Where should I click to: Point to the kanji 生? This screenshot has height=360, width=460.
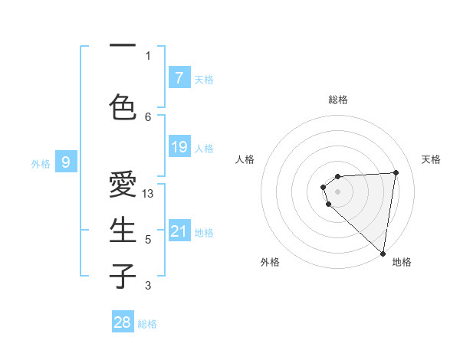(123, 230)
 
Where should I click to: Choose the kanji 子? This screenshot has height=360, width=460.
(123, 275)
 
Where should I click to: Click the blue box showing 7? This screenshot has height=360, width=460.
(179, 77)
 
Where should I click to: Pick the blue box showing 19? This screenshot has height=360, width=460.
(179, 147)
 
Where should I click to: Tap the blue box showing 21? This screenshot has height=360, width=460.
(179, 231)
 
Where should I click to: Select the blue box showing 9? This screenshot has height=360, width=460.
(66, 162)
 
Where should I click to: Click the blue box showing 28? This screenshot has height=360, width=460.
(123, 322)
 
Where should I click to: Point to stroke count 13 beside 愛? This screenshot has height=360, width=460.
(149, 194)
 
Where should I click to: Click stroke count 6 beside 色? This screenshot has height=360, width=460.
(148, 116)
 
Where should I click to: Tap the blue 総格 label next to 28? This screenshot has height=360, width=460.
(147, 324)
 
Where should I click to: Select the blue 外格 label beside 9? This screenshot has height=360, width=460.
(41, 163)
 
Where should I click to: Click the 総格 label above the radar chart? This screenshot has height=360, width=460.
(338, 100)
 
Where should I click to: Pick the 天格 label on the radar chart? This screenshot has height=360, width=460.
(432, 159)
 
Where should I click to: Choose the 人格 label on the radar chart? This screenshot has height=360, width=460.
(245, 159)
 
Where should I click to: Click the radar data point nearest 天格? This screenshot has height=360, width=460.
(396, 172)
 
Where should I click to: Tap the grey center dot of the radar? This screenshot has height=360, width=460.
(338, 191)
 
